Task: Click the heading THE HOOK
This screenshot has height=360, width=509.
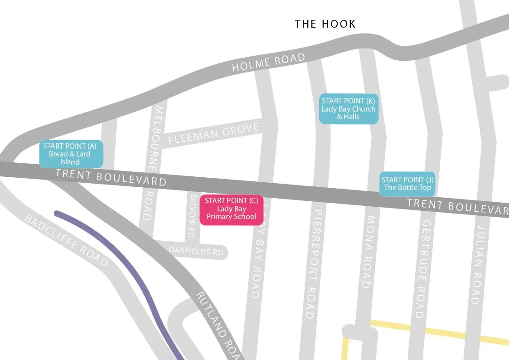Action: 325,24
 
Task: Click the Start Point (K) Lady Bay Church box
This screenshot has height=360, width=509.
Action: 348,109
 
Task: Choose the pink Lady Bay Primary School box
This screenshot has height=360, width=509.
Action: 232,209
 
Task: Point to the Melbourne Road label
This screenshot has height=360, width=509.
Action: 152,163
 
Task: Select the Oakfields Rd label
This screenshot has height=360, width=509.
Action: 196,251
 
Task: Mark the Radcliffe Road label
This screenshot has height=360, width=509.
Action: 66,240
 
